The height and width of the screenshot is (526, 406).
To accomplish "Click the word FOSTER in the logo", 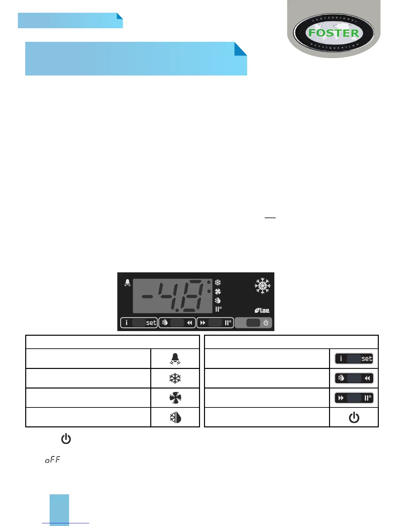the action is (x=334, y=33).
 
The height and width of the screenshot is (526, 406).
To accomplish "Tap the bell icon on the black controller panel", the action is (x=127, y=283).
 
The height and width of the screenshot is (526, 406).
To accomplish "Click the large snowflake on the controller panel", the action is (x=262, y=286).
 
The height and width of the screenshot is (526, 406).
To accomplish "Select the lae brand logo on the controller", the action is (x=262, y=310).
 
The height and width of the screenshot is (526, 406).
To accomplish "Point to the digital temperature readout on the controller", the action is (x=172, y=296).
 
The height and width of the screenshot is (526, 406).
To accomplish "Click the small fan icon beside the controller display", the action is (x=218, y=292).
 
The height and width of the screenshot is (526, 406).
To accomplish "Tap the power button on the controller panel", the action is (x=253, y=323).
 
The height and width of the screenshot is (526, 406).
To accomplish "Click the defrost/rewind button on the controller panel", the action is (x=177, y=323).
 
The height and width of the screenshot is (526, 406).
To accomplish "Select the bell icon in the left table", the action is (x=175, y=359).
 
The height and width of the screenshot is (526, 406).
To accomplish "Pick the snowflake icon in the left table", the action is (x=175, y=378).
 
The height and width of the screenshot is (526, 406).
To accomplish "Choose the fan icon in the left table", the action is (x=175, y=398).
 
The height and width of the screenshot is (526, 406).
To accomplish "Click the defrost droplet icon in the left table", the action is (x=175, y=417).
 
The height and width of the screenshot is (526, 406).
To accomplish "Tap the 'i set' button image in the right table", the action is (x=354, y=359).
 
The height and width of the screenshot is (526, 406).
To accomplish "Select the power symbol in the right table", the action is (x=354, y=417).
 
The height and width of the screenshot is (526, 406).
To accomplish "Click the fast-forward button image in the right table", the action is (x=354, y=398).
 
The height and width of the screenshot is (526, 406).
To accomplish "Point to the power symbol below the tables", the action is (x=66, y=439).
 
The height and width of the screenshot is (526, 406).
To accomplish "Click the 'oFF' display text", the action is (x=53, y=460).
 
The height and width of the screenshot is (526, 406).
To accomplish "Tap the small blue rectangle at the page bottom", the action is (x=59, y=510).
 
